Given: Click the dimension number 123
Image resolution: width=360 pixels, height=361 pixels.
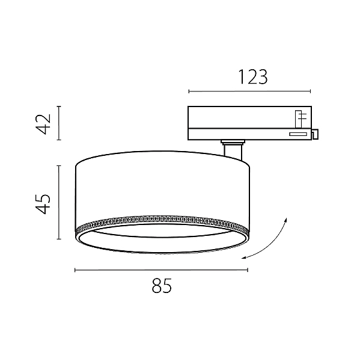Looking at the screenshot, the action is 253,77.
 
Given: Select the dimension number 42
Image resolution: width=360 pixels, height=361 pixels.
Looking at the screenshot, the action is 43,124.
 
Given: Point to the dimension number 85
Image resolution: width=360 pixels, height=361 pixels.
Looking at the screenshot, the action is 162,285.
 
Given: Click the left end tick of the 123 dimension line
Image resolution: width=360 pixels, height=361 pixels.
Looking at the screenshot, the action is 189,91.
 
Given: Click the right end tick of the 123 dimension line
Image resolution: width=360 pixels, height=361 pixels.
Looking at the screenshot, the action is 310,91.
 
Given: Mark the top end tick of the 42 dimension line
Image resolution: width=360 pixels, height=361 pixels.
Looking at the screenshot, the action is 59,106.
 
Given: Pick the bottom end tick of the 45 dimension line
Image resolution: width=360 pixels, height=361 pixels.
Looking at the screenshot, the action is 59,239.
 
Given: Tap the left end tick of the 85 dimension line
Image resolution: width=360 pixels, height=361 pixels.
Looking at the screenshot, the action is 75,270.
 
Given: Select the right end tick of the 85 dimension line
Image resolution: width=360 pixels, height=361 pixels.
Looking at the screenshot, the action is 248,270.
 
